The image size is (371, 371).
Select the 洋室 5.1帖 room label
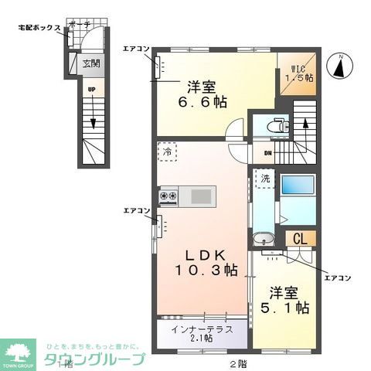tap(289, 301)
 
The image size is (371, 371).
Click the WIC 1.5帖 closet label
tap(298, 73)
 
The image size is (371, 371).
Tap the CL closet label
tap(299, 239)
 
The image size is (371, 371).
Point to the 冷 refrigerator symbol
tap(168, 152)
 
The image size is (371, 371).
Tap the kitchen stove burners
tap(168, 196)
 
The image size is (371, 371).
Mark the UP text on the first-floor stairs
tap(90, 89)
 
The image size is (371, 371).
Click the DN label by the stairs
tap(267, 153)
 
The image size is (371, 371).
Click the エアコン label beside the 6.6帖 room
tap(135, 49)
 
